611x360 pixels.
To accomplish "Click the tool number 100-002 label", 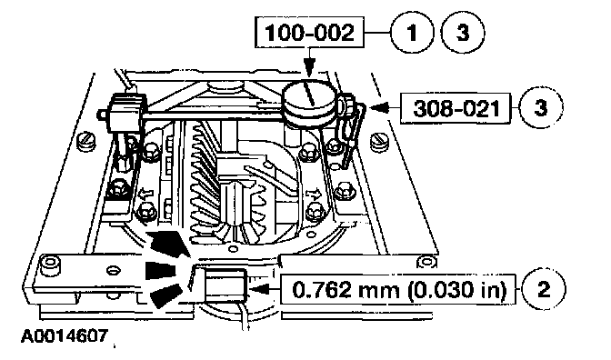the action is [309, 32].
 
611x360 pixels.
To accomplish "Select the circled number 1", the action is [412, 32].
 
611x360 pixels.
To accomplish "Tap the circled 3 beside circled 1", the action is [463, 32].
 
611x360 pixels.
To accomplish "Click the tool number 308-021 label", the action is [456, 108].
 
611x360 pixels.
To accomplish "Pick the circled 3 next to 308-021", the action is [541, 107].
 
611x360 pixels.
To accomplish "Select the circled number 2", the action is [543, 289].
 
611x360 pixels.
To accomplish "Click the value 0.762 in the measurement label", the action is [319, 290].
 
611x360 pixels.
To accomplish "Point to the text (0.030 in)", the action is [457, 291].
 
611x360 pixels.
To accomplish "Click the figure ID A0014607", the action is [65, 335].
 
